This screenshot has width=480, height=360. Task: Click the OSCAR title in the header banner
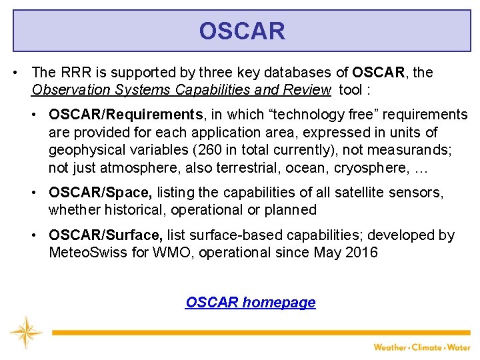click(241, 31)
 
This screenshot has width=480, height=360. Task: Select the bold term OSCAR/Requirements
click(125, 115)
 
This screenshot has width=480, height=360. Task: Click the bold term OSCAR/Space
click(100, 193)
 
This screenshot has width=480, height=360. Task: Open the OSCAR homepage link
click(250, 303)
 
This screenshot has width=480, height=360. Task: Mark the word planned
click(291, 210)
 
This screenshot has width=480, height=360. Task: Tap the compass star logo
click(25, 333)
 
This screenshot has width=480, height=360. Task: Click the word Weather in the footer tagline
click(390, 347)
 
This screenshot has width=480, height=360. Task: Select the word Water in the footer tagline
click(459, 347)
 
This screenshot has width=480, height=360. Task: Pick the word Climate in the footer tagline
click(427, 347)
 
